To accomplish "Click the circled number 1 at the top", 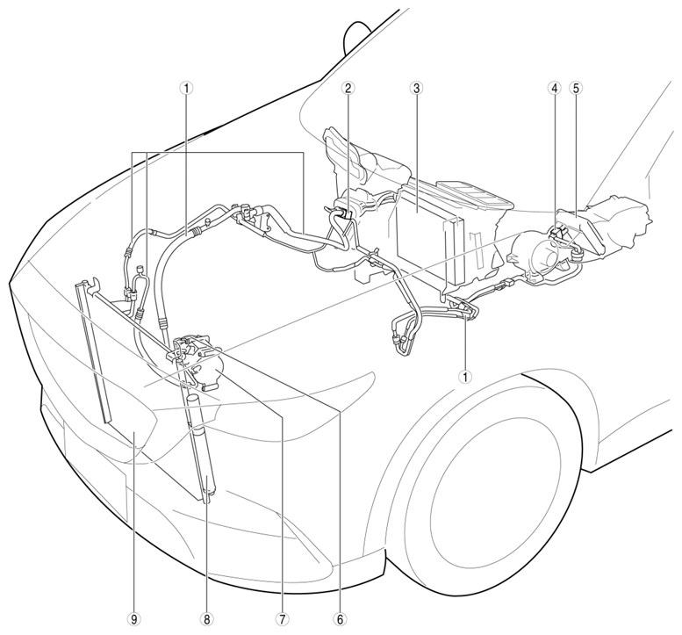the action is pyautogui.click(x=187, y=89).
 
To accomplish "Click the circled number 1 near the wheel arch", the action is pyautogui.click(x=465, y=377).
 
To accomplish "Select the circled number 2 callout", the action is pyautogui.click(x=348, y=89).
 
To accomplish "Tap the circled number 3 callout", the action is pyautogui.click(x=416, y=89).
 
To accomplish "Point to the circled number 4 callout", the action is pyautogui.click(x=555, y=89).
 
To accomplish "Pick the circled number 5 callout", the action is pyautogui.click(x=576, y=89).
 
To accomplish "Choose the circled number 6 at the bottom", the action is pyautogui.click(x=341, y=619).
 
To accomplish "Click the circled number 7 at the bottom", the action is pyautogui.click(x=282, y=619).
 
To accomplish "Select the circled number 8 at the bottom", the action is pyautogui.click(x=206, y=619).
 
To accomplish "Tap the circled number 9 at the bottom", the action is pyautogui.click(x=134, y=619).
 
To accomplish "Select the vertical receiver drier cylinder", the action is pyautogui.click(x=203, y=448).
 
